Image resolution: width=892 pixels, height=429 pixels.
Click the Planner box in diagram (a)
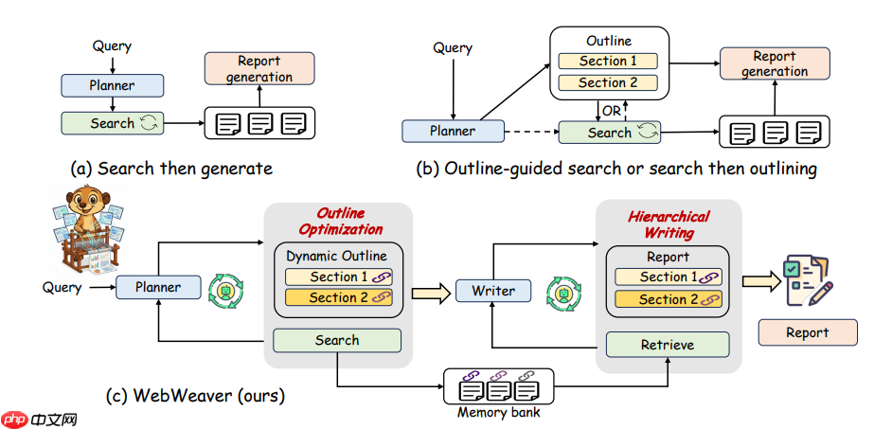[112, 85]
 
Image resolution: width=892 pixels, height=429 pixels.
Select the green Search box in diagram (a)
[112, 123]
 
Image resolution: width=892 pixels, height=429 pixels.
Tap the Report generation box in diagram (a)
[259, 69]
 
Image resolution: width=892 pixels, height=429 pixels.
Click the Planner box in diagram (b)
[453, 132]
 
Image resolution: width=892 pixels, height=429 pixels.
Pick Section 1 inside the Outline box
[609, 61]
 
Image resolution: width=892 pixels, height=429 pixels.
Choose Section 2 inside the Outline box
[609, 83]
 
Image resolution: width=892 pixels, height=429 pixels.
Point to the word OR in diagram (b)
[612, 111]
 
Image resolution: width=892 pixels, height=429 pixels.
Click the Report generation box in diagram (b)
[775, 64]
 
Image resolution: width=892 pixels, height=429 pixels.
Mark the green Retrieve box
[668, 344]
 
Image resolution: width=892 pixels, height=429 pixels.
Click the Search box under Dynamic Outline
[337, 340]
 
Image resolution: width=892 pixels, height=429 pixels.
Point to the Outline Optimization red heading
[340, 222]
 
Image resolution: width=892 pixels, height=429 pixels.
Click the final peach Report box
[807, 332]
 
